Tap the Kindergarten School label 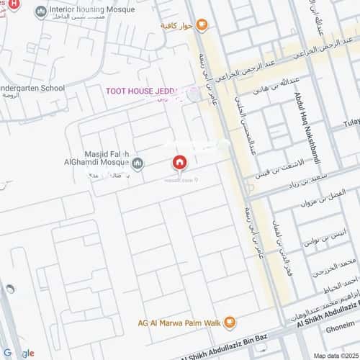(32, 89)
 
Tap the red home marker (179, 163)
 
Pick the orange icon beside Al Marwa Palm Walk (230, 321)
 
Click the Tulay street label (351, 122)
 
